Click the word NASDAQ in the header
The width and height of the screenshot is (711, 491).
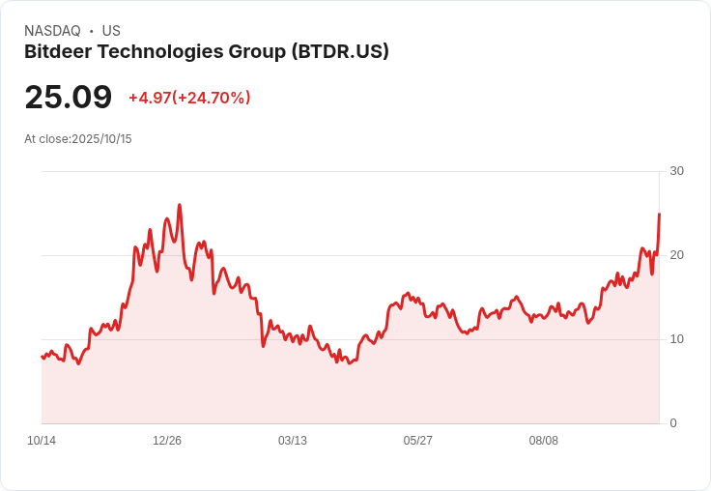pyautogui.click(x=52, y=31)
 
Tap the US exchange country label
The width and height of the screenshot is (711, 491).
pyautogui.click(x=111, y=31)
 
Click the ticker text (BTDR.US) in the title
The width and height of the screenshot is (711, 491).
pyautogui.click(x=340, y=52)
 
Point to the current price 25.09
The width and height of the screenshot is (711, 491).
pyautogui.click(x=68, y=98)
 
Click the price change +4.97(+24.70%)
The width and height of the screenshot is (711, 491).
pyautogui.click(x=189, y=98)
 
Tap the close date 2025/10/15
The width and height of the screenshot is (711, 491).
pyautogui.click(x=101, y=139)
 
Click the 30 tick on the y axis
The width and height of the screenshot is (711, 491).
pyautogui.click(x=676, y=171)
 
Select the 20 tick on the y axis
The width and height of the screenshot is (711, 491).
pyautogui.click(x=676, y=255)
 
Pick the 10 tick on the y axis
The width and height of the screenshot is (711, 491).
pyautogui.click(x=676, y=339)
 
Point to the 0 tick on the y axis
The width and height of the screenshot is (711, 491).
pyautogui.click(x=673, y=423)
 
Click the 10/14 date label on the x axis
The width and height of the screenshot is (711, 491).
pyautogui.click(x=42, y=441)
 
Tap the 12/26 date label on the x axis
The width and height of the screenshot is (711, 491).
pyautogui.click(x=167, y=441)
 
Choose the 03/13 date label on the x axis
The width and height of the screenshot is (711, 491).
pyautogui.click(x=293, y=441)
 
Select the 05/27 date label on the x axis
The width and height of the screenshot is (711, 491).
pyautogui.click(x=418, y=441)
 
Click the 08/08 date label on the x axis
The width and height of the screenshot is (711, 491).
pyautogui.click(x=544, y=441)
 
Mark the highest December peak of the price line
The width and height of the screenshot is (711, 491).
pyautogui.click(x=180, y=205)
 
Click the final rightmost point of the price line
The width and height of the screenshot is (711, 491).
pyautogui.click(x=659, y=214)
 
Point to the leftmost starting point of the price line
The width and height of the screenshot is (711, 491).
pyautogui.click(x=42, y=357)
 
